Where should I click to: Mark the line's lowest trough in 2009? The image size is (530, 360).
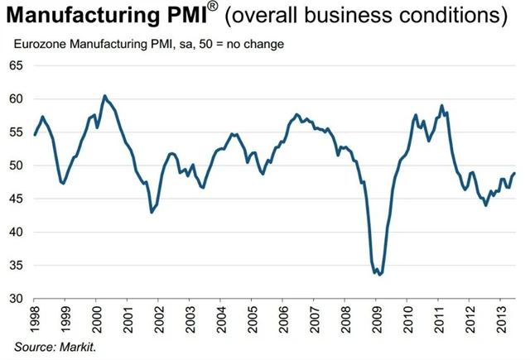[379, 274]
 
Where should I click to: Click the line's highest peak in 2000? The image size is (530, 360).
[104, 96]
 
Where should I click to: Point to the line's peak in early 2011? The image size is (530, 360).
[442, 105]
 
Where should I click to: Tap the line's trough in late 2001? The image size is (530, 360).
[152, 213]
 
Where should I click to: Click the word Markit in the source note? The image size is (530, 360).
[79, 346]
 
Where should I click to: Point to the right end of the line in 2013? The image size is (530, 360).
[514, 173]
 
